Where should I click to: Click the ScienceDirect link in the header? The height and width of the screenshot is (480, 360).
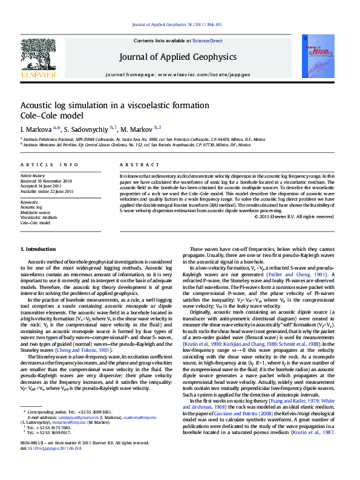207,41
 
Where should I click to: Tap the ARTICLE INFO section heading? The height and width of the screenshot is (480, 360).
49,164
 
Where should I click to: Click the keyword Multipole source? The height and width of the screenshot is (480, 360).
36,212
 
